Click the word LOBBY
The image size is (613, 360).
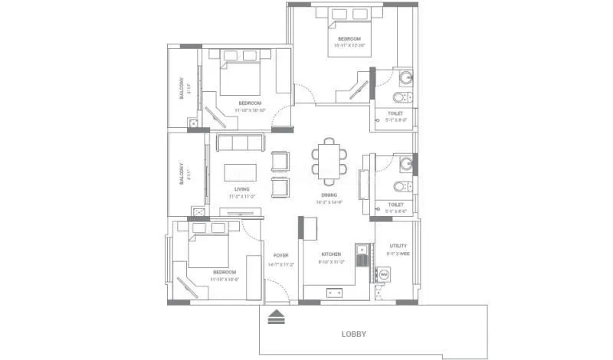pyautogui.click(x=353, y=334)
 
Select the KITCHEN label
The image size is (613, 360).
pyautogui.click(x=330, y=254)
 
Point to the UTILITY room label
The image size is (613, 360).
pyautogui.click(x=398, y=245)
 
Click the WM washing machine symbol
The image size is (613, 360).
pyautogui.click(x=384, y=273)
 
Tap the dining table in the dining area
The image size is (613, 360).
pyautogui.click(x=329, y=162)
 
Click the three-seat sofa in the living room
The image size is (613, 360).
pyautogui.click(x=241, y=142)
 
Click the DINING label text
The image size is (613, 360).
pyautogui.click(x=329, y=195)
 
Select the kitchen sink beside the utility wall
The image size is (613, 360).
pyautogui.click(x=360, y=256)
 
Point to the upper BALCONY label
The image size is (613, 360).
pyautogui.click(x=181, y=87)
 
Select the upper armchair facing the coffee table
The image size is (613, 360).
pyautogui.click(x=281, y=160)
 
